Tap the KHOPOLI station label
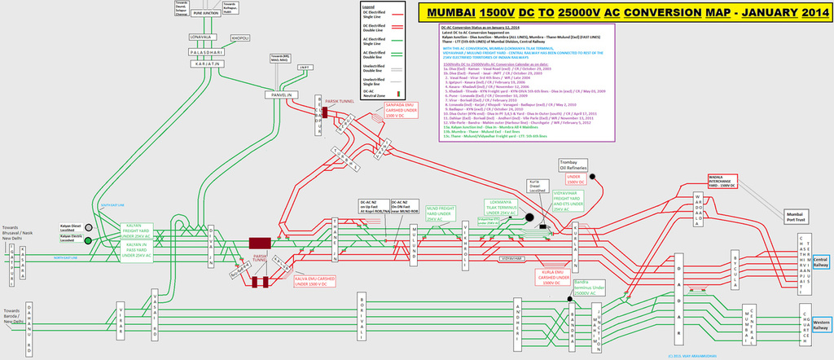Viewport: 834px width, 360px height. click(240, 38)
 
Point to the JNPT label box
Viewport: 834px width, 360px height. click(306, 68)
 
